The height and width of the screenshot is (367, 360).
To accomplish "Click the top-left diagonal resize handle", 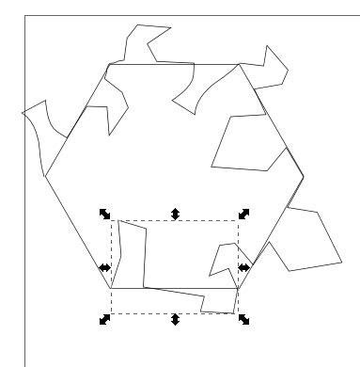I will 105,215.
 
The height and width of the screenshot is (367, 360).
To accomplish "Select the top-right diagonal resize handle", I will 243,215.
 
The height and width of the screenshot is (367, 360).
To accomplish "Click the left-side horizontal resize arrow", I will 105,268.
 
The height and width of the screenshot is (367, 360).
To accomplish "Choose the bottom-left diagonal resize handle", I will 105,320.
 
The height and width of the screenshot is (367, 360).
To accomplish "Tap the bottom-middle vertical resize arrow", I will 175,320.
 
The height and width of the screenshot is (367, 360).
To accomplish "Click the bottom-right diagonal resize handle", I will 243,320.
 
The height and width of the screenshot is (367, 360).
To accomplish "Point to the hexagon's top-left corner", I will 109,64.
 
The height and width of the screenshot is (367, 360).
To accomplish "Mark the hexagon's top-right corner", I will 241,64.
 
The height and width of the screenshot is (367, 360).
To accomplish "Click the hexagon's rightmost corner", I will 304,176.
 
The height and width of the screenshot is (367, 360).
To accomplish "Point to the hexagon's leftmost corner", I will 45,176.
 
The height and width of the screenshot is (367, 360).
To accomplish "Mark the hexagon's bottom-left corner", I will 109,288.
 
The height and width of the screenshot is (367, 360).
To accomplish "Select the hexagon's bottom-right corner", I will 241,288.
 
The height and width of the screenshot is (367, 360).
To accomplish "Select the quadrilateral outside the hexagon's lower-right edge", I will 305,240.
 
